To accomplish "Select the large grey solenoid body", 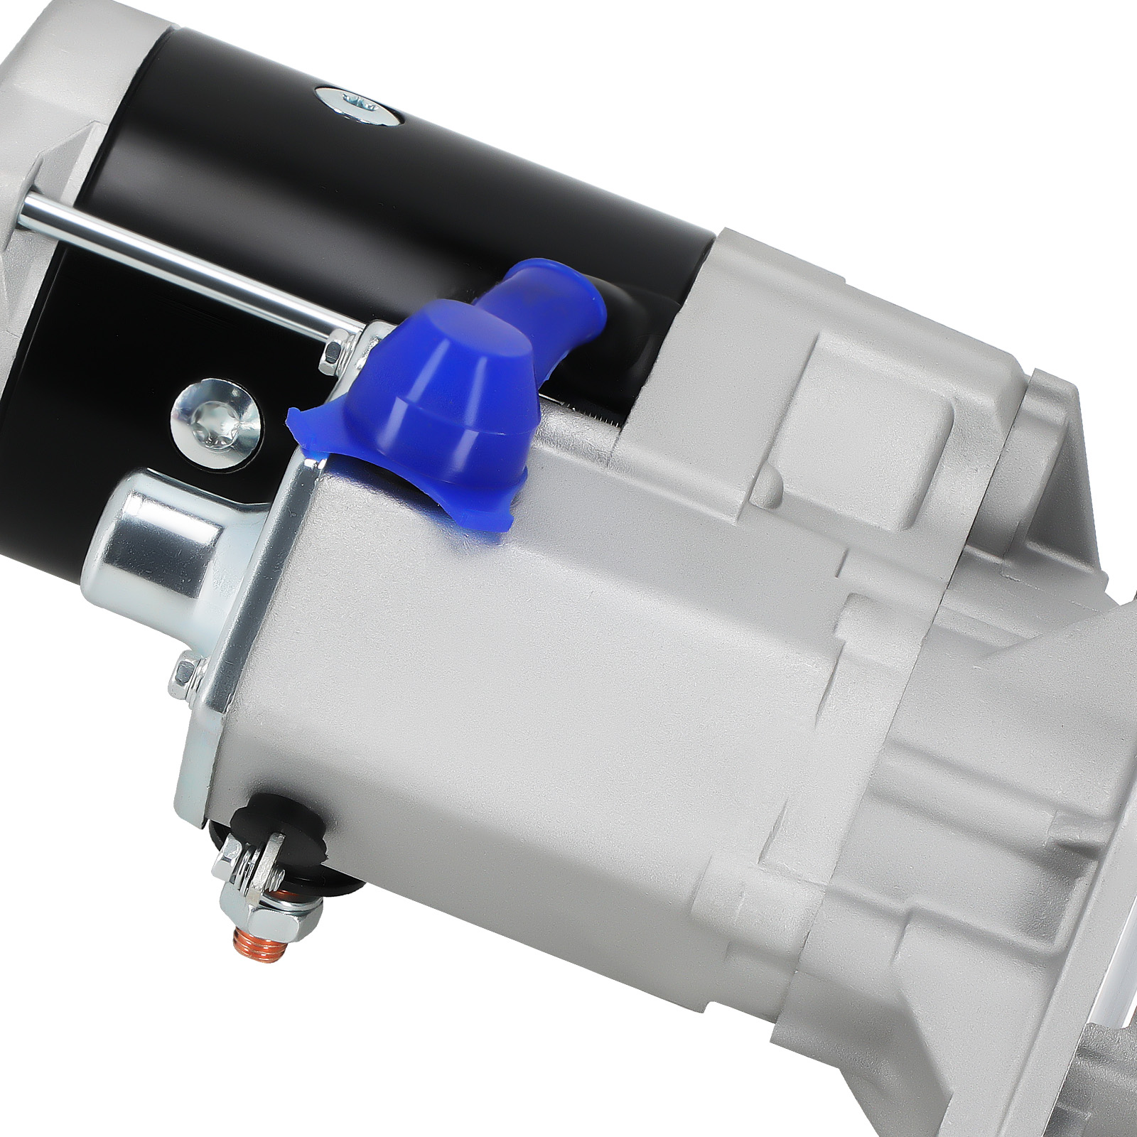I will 533,675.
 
